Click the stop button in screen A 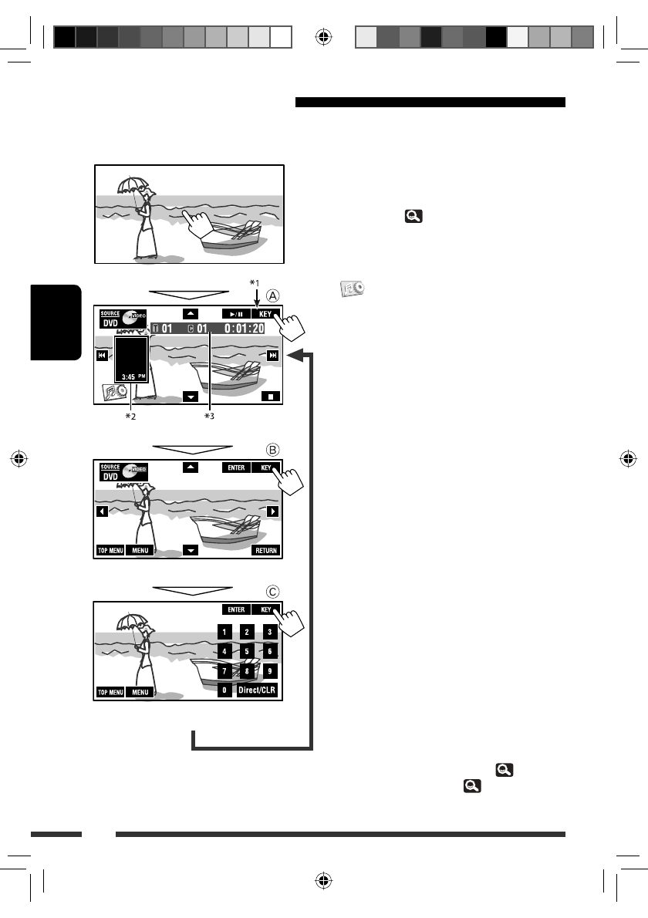click(271, 397)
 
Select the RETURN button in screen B click(265, 551)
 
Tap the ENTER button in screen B click(235, 467)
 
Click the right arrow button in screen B click(272, 511)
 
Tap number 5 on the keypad click(246, 651)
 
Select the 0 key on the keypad click(224, 690)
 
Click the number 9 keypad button click(269, 670)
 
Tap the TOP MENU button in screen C click(110, 693)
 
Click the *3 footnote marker click(209, 417)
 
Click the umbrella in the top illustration click(130, 184)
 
